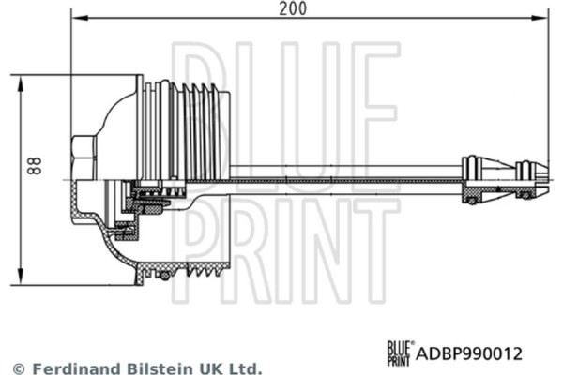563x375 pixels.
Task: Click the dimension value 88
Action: (x=35, y=167)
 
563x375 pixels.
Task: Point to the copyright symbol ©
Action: (x=17, y=368)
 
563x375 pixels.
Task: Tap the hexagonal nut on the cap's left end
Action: (x=83, y=157)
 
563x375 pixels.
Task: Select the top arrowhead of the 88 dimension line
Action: (x=21, y=82)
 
